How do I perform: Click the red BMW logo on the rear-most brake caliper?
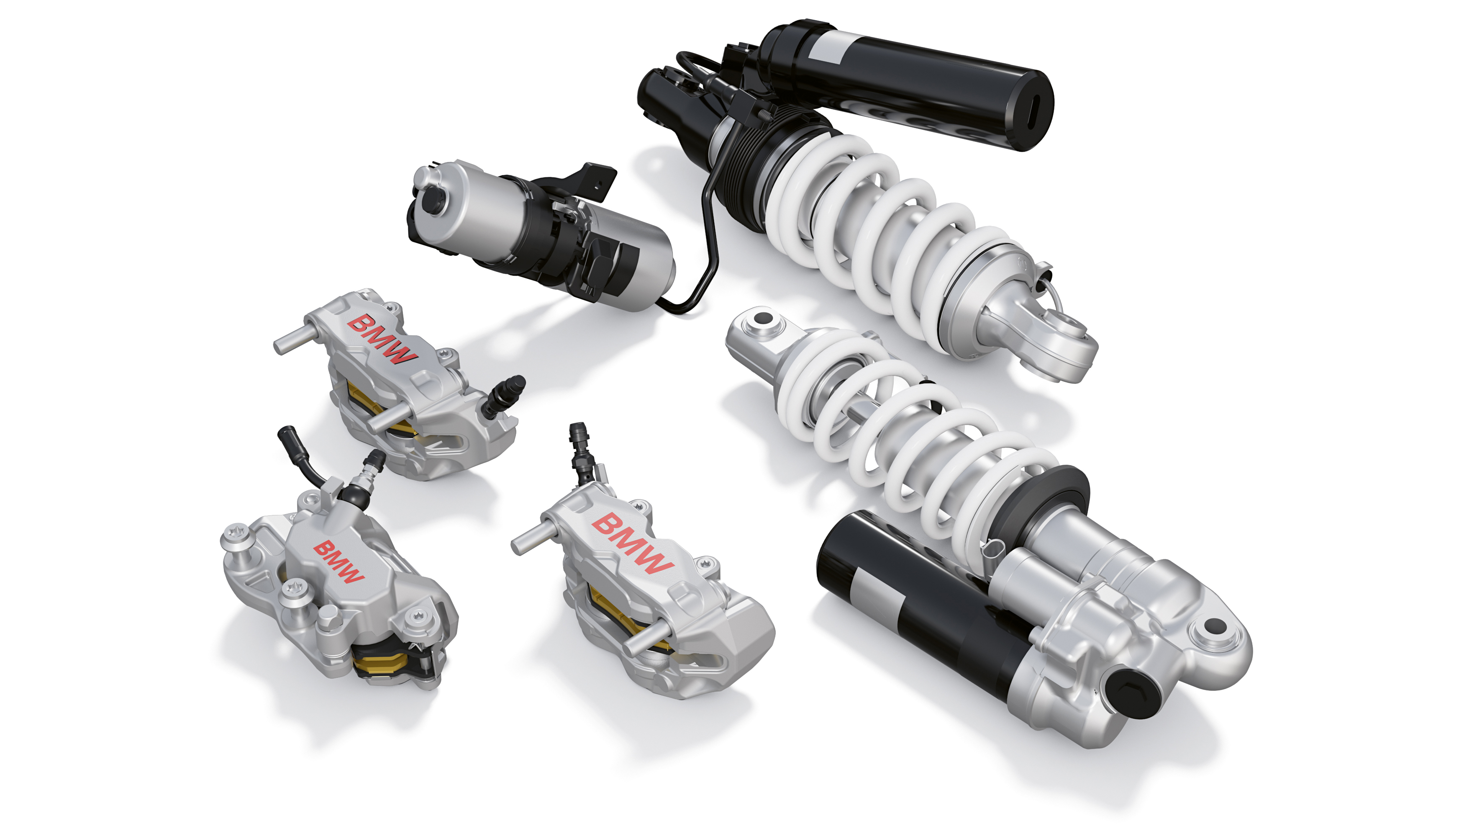(x=382, y=340)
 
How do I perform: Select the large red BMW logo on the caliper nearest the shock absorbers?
(x=632, y=543)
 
